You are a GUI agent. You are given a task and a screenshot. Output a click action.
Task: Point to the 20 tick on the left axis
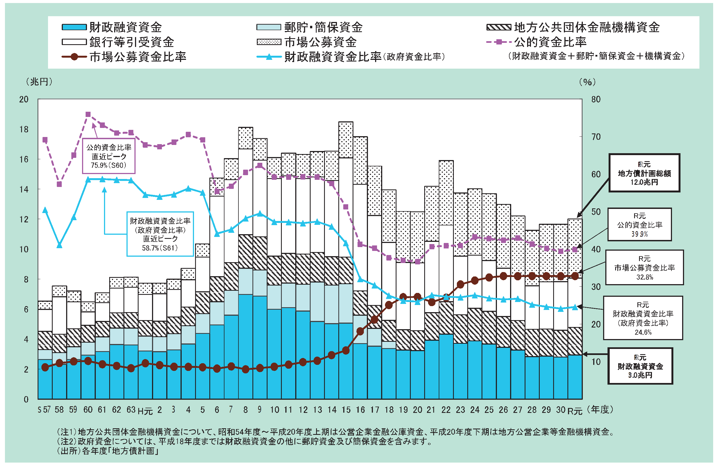point(24,99)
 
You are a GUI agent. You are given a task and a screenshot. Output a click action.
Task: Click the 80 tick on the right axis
point(596,99)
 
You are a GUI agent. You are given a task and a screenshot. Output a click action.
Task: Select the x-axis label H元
point(145,411)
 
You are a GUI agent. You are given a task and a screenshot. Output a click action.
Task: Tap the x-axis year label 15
point(346,410)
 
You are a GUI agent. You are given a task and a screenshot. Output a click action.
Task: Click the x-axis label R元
point(575,411)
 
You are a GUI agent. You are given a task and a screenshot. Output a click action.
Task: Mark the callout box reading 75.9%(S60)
point(109,156)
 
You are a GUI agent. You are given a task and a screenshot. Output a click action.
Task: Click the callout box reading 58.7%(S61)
point(160,234)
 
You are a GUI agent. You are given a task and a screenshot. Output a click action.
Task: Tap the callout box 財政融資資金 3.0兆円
point(640,366)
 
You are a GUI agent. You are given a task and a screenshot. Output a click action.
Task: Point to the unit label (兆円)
point(39,82)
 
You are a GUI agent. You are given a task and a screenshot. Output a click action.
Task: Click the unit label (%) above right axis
point(587,82)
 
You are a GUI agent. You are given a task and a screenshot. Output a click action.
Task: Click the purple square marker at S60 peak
point(88,114)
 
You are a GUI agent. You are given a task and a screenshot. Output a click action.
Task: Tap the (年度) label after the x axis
point(600,410)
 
